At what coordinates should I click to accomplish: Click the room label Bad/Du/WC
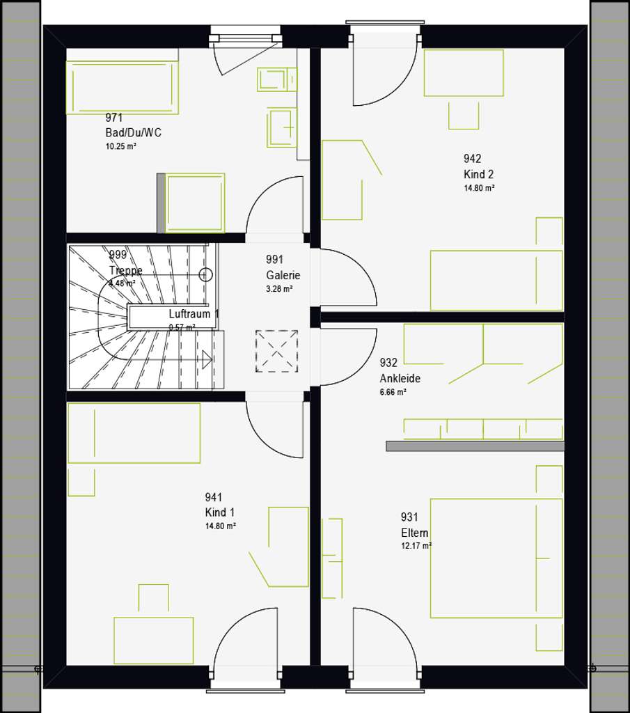click(133, 132)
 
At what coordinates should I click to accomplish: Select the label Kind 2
click(479, 174)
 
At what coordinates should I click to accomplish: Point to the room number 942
click(473, 159)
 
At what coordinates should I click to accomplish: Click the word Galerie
click(283, 275)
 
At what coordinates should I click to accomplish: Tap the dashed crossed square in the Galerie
click(276, 351)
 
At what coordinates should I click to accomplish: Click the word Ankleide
click(400, 379)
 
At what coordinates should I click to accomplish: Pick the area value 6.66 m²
click(393, 392)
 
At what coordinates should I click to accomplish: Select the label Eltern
click(414, 533)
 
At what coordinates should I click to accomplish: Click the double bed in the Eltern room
click(496, 558)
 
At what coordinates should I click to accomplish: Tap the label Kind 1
click(220, 512)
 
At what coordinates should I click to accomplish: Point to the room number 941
click(213, 497)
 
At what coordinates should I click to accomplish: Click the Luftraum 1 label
click(194, 314)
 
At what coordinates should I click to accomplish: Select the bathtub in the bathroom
click(122, 87)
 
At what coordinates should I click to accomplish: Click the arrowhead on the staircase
click(207, 360)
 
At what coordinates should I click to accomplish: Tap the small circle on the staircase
click(205, 274)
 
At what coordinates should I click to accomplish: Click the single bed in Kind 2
click(496, 280)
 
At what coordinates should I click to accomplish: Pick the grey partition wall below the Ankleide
click(475, 446)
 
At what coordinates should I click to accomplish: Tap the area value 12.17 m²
click(416, 546)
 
